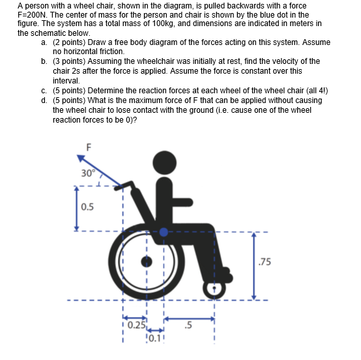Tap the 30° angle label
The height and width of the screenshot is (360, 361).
tap(88, 173)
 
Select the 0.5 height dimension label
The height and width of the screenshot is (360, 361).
tap(87, 208)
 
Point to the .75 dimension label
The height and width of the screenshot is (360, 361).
tap(265, 263)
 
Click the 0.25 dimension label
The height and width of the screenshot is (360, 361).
tap(136, 325)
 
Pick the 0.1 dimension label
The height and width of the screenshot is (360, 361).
tap(154, 337)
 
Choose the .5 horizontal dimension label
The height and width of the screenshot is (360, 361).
tap(190, 323)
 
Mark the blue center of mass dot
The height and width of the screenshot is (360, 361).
tap(164, 231)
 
